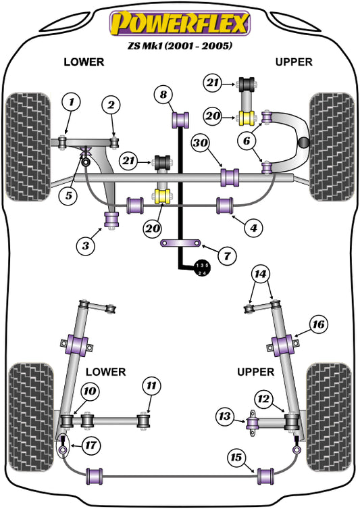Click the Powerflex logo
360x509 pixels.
(x=180, y=23)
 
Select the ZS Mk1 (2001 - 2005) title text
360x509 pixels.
(x=180, y=47)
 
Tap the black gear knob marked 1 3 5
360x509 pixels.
(x=203, y=268)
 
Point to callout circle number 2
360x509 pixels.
(x=111, y=104)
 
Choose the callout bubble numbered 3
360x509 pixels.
(x=86, y=247)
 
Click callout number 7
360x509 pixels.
(x=226, y=256)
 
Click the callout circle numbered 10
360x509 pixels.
(x=89, y=391)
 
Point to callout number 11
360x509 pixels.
(x=152, y=386)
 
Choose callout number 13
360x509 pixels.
(x=224, y=415)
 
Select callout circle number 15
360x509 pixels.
(x=236, y=458)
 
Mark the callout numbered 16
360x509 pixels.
(x=318, y=325)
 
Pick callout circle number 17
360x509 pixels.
(x=89, y=444)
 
